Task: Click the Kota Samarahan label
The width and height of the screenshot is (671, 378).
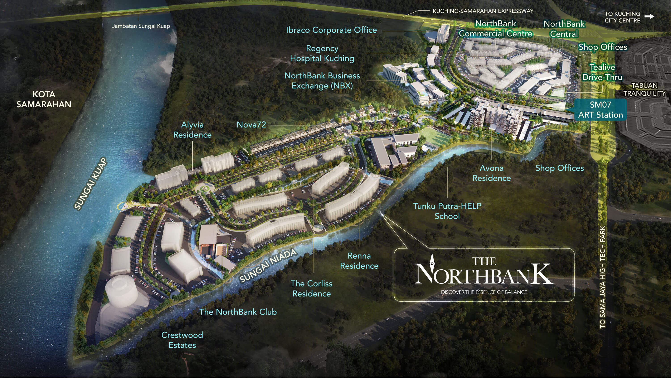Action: (x=44, y=99)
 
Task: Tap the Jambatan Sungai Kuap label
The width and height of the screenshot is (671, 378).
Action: (x=141, y=26)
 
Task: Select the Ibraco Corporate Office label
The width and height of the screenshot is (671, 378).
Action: (x=331, y=30)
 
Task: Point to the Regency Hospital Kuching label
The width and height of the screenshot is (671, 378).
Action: (x=322, y=54)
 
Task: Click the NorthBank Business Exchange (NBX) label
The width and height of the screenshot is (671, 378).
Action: (x=322, y=81)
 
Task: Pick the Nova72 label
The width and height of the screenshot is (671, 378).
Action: (x=251, y=125)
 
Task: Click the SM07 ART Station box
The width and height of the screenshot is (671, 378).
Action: (x=600, y=110)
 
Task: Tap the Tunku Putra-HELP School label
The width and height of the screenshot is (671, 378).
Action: (x=447, y=211)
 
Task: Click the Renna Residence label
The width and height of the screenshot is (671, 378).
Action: (x=359, y=261)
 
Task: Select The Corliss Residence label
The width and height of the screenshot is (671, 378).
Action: (x=312, y=288)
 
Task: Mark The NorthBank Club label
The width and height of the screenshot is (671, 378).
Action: (x=238, y=312)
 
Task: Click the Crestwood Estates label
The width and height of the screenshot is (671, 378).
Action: (x=182, y=340)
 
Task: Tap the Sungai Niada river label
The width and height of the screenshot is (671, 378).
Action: (x=268, y=266)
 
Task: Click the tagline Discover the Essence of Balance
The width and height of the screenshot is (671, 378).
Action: (x=484, y=292)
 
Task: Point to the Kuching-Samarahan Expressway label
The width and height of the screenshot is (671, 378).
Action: (x=483, y=11)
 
